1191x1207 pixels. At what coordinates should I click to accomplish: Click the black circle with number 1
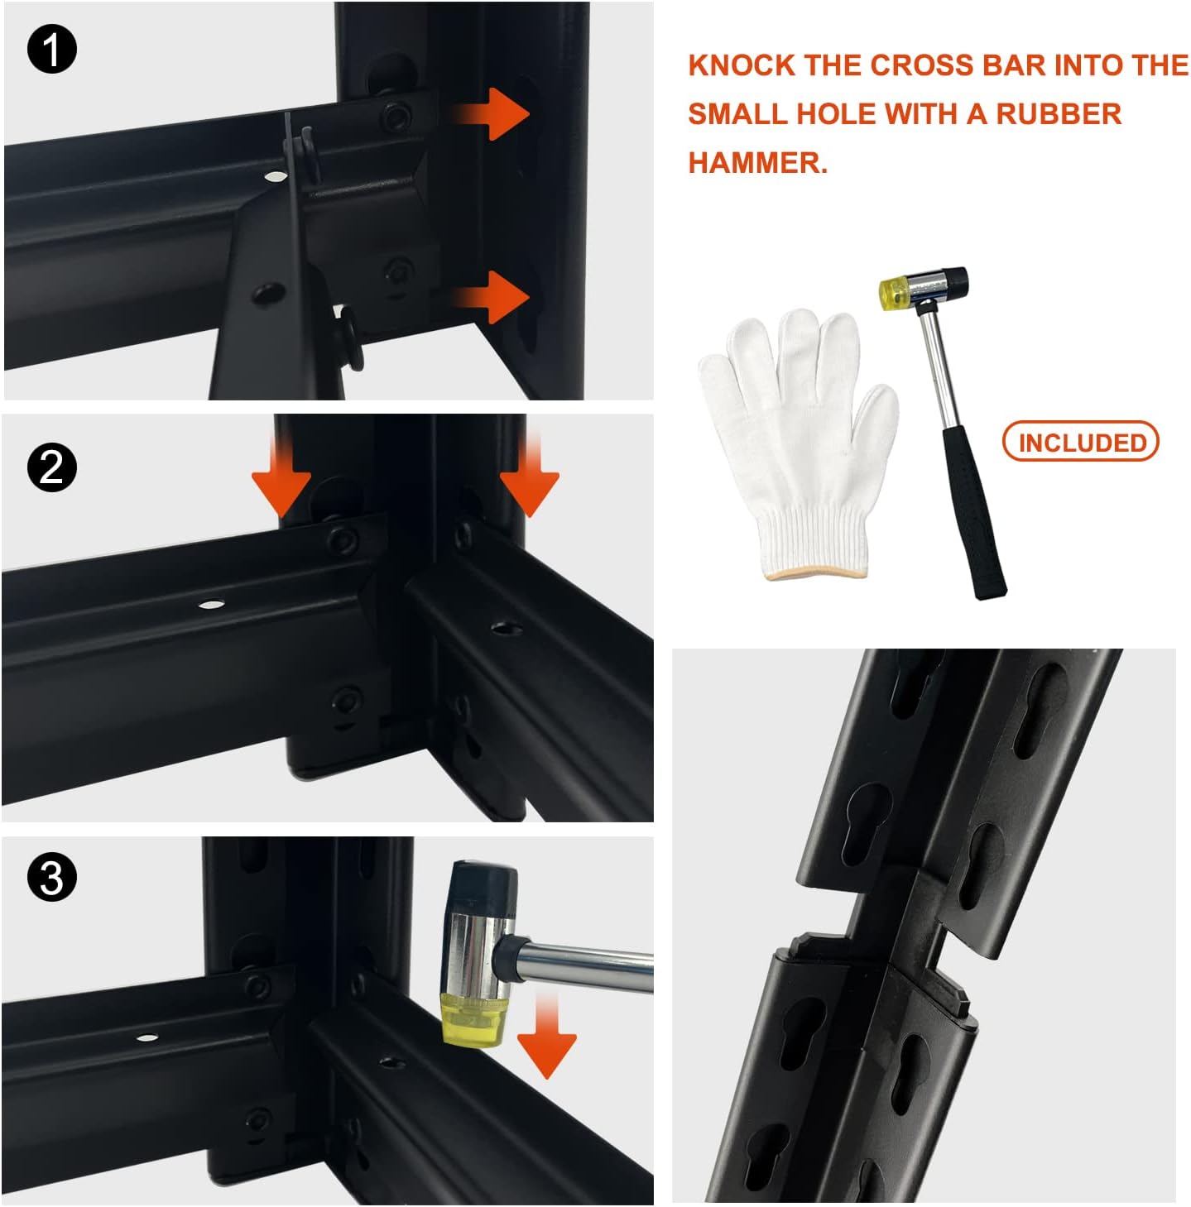[x=52, y=49]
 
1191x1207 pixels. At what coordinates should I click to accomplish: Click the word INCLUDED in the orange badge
[x=1082, y=443]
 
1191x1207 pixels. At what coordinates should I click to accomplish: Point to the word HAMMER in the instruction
[x=758, y=163]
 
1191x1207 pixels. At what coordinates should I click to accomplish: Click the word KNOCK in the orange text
[x=741, y=65]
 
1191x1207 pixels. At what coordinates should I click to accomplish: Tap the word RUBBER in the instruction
[x=1058, y=114]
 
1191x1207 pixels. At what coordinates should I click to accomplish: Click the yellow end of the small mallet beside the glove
[x=893, y=290]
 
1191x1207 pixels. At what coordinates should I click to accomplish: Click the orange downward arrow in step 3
[x=546, y=1036]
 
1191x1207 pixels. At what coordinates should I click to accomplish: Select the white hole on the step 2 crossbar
[x=212, y=605]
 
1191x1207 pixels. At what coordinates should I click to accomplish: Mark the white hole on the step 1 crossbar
[x=272, y=177]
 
